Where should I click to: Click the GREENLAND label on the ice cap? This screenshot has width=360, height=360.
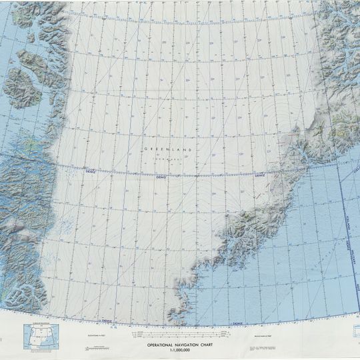(167, 150)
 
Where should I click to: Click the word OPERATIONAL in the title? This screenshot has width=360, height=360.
(162, 345)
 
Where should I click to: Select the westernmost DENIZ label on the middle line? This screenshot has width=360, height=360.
(90, 172)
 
